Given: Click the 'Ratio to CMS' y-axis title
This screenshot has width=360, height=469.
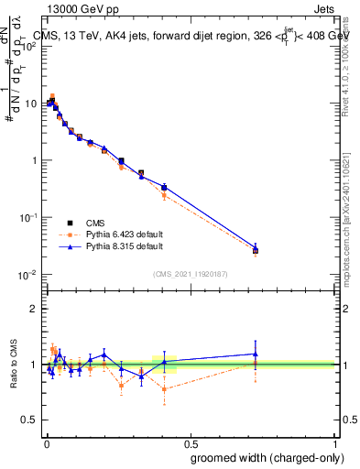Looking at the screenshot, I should click(x=12, y=365).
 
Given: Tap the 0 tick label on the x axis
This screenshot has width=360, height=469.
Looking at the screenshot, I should click(x=47, y=442).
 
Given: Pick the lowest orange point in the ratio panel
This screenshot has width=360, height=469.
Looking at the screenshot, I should click(x=164, y=389).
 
